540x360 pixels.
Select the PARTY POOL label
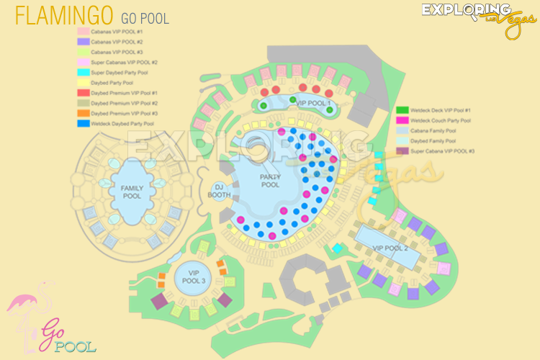(x=270, y=181)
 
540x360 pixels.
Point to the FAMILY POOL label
(x=132, y=192)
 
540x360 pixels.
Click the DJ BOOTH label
(x=219, y=190)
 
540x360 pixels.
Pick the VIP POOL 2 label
(x=390, y=248)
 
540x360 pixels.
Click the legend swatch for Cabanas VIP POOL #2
(x=84, y=42)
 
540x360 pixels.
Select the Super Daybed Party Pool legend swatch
(x=84, y=72)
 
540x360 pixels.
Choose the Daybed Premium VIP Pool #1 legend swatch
(x=84, y=93)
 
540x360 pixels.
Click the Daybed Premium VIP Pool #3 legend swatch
(x=84, y=113)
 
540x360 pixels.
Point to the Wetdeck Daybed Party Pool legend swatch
(x=84, y=123)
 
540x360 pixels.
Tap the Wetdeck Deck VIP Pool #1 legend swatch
(x=402, y=110)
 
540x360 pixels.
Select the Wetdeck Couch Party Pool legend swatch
(x=402, y=120)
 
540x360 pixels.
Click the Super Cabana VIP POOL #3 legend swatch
(x=402, y=151)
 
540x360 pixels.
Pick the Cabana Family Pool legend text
(x=436, y=131)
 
